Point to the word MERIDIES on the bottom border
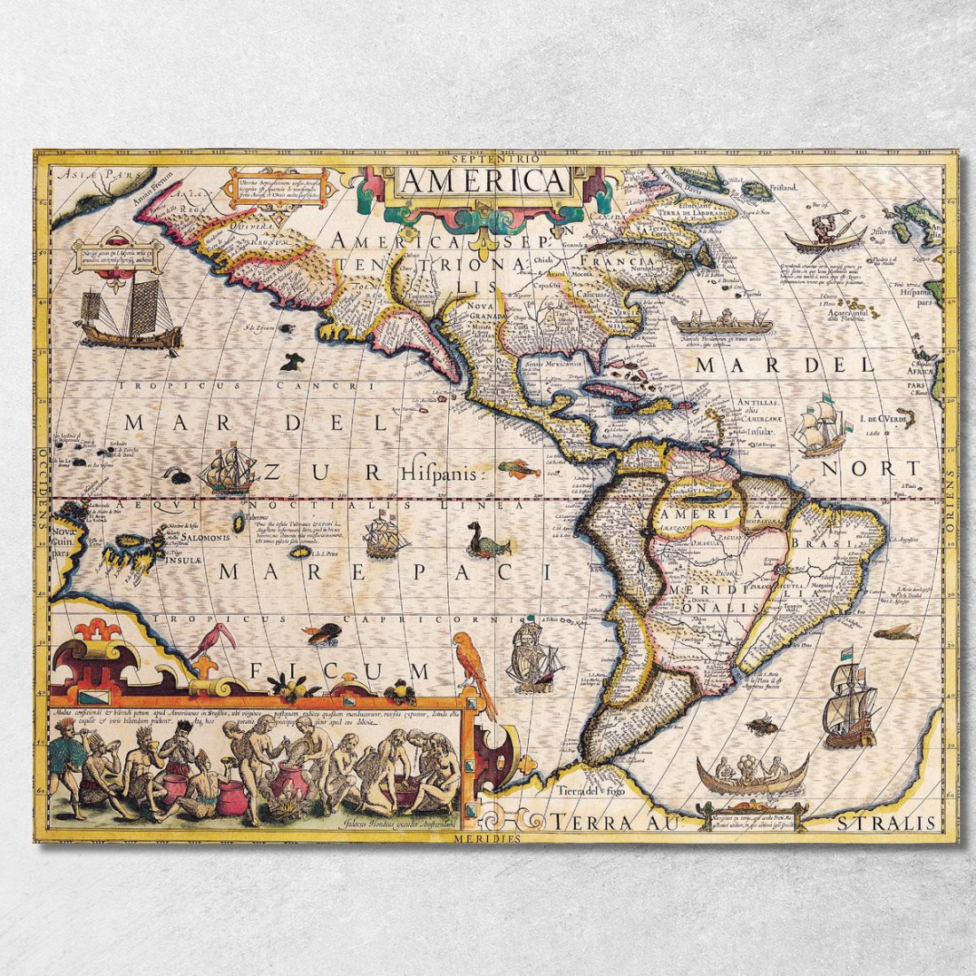pos(486,836)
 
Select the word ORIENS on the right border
pos(949,501)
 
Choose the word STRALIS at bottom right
pos(886,823)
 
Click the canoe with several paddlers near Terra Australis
pos(752,775)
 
